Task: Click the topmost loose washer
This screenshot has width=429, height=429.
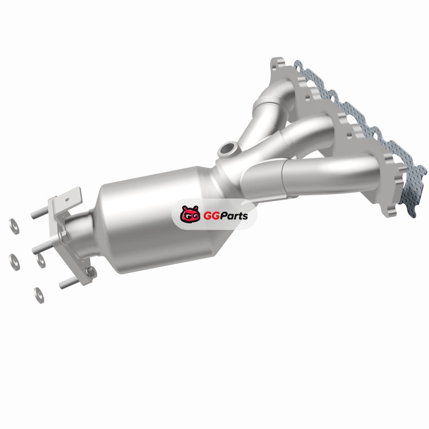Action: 14,226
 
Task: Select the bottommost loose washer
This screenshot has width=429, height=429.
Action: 39,295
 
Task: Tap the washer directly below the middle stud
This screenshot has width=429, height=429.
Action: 41,260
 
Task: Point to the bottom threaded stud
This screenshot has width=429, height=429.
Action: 69,283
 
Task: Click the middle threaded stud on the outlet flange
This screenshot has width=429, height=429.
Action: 41,247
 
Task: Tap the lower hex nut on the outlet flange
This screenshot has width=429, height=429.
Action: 91,272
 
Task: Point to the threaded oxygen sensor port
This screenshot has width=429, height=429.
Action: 227,150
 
